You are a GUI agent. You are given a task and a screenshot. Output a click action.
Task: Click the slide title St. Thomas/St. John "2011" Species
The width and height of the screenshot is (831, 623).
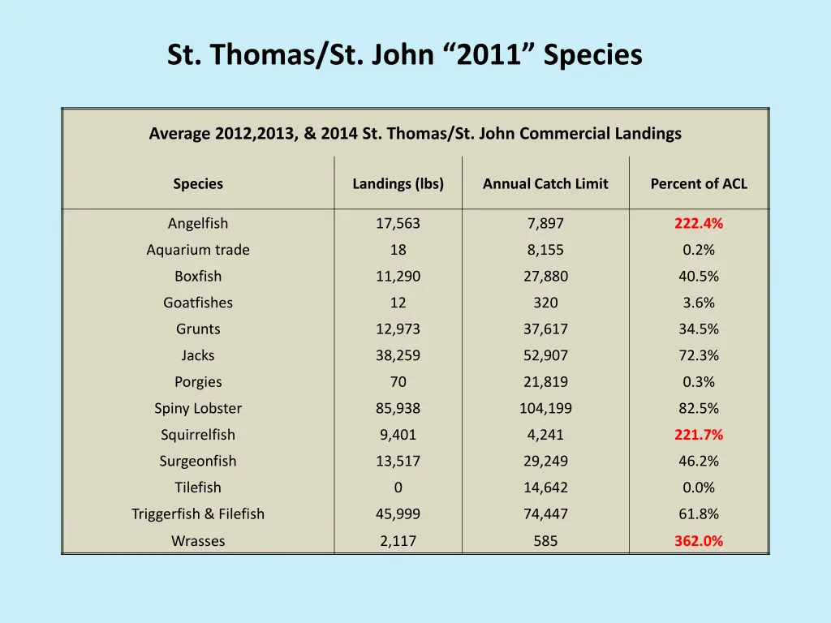pos(404,55)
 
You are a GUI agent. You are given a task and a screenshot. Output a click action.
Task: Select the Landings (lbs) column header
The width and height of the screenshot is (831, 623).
pos(398,183)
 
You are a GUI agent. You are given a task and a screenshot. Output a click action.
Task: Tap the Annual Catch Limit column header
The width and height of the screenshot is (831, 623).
pos(545,183)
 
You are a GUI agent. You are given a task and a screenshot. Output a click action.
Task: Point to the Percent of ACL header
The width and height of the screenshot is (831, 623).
pos(699,183)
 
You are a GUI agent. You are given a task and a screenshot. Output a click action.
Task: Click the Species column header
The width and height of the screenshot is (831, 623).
pos(198,183)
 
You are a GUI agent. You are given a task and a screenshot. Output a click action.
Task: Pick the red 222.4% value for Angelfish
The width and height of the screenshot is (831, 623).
pos(699,223)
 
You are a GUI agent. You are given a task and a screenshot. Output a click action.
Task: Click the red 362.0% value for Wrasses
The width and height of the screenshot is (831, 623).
pos(699,540)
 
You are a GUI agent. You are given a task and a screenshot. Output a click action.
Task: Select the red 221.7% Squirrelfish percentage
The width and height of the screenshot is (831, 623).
pos(699,435)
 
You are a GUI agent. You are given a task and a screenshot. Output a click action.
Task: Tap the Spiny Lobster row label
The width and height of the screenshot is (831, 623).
pos(198,408)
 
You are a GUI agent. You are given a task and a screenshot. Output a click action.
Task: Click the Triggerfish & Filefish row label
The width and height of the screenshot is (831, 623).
pos(198,513)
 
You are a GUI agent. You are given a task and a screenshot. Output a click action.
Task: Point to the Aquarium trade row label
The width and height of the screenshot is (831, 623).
pos(198,250)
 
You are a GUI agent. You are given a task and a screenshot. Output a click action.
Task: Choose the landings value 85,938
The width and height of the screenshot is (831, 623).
pos(398,408)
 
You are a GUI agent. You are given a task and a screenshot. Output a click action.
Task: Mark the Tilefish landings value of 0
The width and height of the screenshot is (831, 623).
pos(398,488)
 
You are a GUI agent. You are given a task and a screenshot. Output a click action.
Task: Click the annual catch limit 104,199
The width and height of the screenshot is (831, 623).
pos(545,408)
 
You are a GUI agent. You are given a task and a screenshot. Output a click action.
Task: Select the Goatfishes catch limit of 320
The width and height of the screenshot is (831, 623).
pos(545,303)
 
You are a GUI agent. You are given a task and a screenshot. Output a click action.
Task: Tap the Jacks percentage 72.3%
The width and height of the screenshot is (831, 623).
pos(699,355)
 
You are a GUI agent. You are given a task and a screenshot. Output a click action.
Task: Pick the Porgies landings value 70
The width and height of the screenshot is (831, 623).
pos(398,382)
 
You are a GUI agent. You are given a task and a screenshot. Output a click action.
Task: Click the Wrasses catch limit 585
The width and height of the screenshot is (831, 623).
pos(545,540)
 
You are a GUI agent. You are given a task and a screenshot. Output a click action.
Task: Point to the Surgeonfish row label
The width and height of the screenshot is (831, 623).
pos(198,461)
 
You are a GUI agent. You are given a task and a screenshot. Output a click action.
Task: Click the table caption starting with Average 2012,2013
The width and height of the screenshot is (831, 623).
pos(415,134)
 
